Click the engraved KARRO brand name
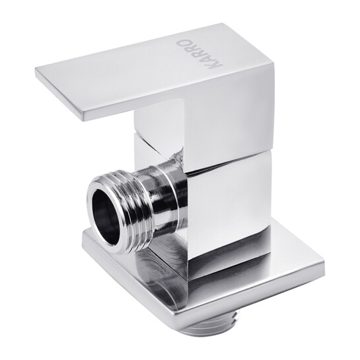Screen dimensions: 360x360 [x=199, y=55]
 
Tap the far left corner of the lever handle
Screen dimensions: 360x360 [x=36, y=69]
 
